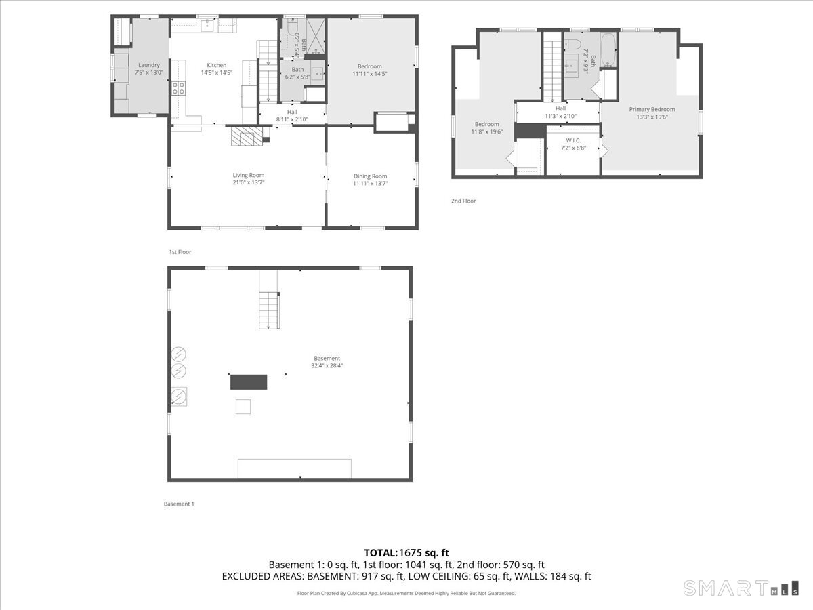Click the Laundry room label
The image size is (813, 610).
click(x=149, y=65)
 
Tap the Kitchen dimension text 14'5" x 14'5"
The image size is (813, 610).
click(x=217, y=73)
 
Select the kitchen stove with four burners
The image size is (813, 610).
click(x=179, y=88)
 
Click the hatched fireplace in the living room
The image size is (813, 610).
click(x=247, y=136)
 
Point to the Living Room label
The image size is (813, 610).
click(x=249, y=175)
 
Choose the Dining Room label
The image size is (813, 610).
click(x=370, y=176)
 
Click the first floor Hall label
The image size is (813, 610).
click(x=292, y=112)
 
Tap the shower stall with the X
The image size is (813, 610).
click(x=316, y=36)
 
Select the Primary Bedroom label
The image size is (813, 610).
click(x=652, y=109)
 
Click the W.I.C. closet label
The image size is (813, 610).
click(x=573, y=140)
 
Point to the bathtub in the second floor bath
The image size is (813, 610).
click(x=608, y=50)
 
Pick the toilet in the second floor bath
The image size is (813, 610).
click(x=572, y=44)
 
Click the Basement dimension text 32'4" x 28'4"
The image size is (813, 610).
click(x=327, y=365)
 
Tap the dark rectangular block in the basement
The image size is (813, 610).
click(x=249, y=382)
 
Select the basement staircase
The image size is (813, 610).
click(x=269, y=310)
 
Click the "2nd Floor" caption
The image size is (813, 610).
click(x=463, y=201)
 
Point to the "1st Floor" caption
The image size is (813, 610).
click(x=180, y=252)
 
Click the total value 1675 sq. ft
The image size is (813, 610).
click(x=424, y=553)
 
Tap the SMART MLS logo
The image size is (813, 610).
click(x=741, y=588)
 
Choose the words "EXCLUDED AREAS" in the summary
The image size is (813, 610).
click(x=263, y=576)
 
